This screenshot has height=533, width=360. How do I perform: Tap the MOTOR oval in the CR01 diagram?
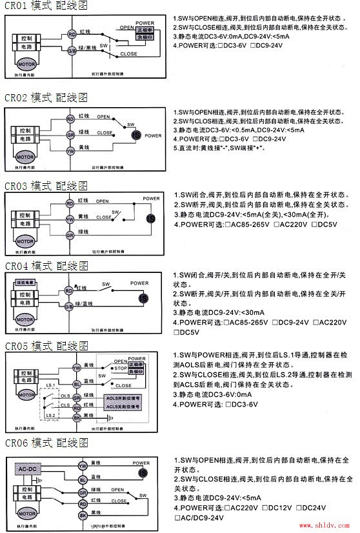[25, 66]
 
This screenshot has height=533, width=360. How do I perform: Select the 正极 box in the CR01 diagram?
[145, 30]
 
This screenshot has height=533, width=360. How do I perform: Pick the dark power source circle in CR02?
[136, 135]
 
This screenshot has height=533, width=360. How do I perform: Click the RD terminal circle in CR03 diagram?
[71, 203]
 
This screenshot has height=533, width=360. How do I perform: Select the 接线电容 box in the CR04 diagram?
[25, 282]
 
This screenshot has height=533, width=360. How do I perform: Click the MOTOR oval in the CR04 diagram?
[26, 317]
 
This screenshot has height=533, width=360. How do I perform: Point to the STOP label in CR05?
[118, 368]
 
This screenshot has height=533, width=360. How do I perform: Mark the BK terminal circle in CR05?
[76, 418]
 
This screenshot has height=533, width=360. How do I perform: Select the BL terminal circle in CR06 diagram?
[82, 480]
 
